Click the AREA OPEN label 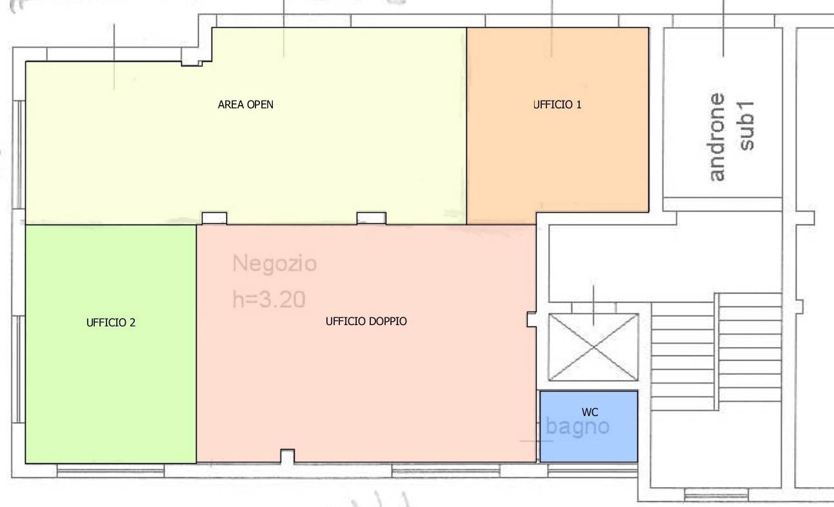(245, 104)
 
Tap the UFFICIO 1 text (557, 104)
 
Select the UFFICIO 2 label (111, 323)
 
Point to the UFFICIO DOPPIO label (366, 321)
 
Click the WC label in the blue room (590, 412)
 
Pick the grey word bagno (577, 427)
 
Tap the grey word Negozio (274, 264)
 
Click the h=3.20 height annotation (269, 299)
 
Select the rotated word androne (717, 137)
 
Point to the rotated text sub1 (746, 126)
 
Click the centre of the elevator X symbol (593, 347)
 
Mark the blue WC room (589, 426)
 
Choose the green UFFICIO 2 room (111, 344)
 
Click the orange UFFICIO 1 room (558, 126)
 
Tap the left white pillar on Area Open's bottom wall (214, 219)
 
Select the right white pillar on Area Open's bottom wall (372, 219)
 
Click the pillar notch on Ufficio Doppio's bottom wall (288, 456)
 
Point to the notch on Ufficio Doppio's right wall (531, 319)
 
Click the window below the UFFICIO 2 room (110, 471)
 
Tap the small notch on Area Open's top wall (192, 64)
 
